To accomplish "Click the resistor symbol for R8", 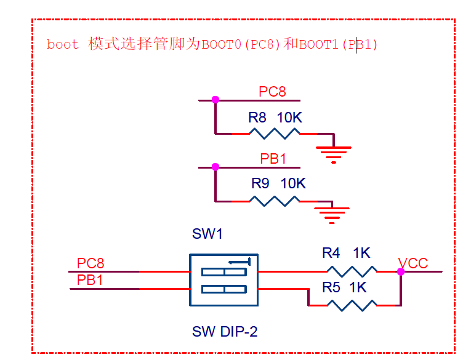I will [274, 133].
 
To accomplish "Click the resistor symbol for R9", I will [274, 201].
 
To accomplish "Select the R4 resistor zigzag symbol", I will [351, 271].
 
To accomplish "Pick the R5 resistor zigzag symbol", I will [351, 305].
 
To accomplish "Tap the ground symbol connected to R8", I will [333, 152].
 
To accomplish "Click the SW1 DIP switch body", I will [223, 280].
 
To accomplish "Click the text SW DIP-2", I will [225, 332].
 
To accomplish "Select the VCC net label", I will [413, 263].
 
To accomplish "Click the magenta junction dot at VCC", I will [401, 271].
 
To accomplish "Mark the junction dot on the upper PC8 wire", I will [215, 100].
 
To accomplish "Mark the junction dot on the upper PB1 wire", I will [215, 167].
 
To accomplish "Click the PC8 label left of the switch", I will [91, 263].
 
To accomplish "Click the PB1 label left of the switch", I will [90, 280].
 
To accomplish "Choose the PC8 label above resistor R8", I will [272, 92].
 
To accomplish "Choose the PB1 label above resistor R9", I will [273, 159].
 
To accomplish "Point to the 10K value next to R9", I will [293, 183].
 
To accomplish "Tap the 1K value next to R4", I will [361, 253].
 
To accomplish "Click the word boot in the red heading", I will [63, 44].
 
